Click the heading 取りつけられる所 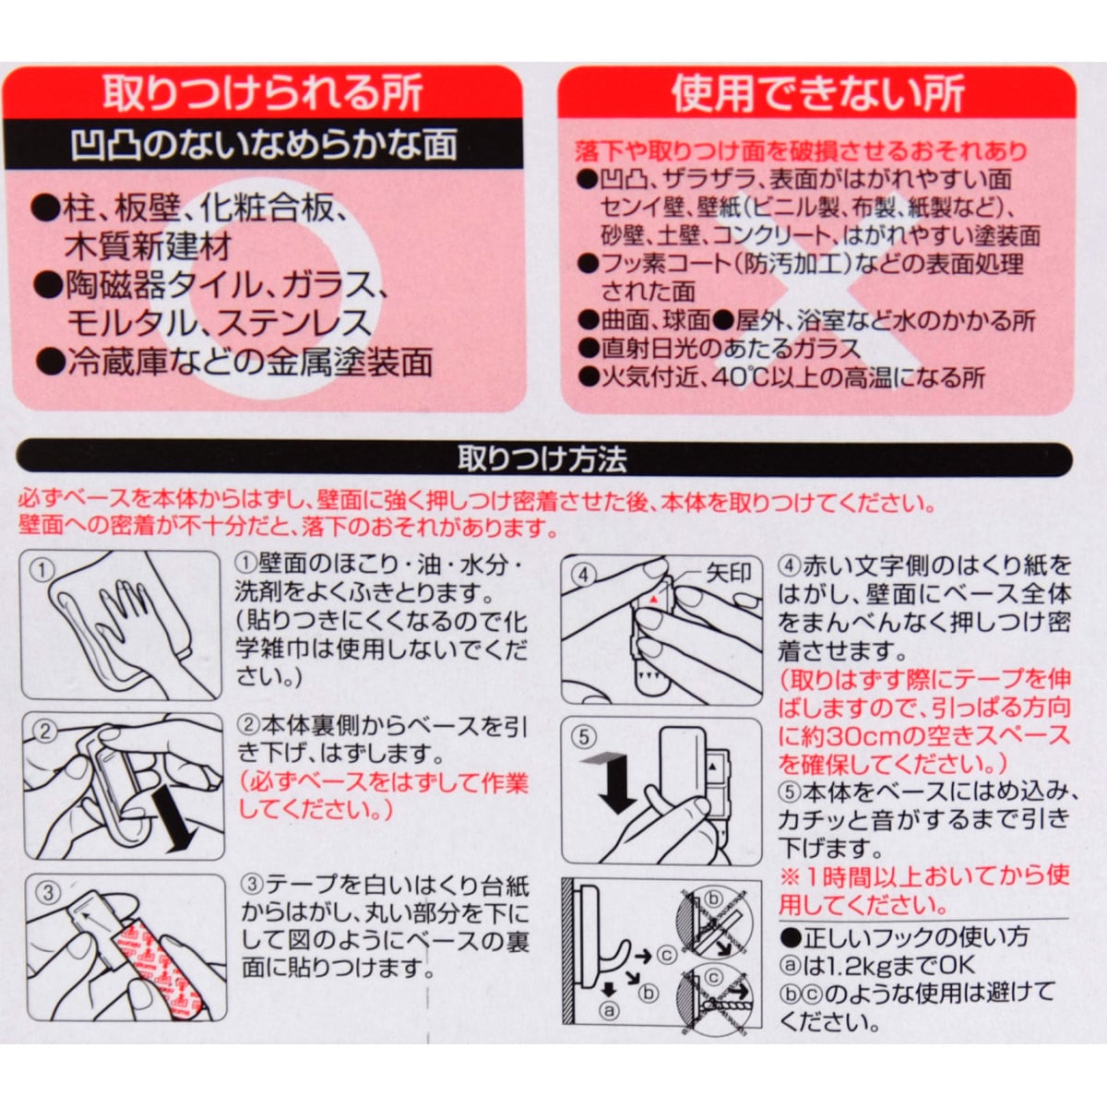click(x=263, y=92)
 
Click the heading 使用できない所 click(x=818, y=93)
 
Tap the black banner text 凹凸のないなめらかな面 click(x=264, y=145)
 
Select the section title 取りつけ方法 click(x=542, y=459)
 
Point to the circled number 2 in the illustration click(x=45, y=732)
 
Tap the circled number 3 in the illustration click(x=49, y=892)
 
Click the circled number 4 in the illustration click(x=583, y=575)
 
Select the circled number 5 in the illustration click(x=584, y=737)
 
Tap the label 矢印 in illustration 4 click(x=729, y=573)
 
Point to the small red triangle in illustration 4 click(x=652, y=599)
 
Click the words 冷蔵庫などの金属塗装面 click(x=251, y=363)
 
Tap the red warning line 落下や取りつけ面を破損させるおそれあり click(x=802, y=151)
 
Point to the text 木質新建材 click(x=149, y=246)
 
